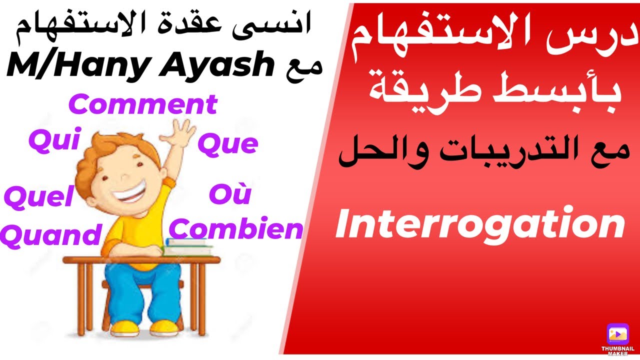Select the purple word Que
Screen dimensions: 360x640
point(227,144)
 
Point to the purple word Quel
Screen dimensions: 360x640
point(38,197)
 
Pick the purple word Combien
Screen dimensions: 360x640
point(236,229)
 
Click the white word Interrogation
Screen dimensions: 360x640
point(480,224)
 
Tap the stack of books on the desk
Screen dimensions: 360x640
point(187,247)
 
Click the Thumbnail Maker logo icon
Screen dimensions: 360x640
point(617,333)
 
